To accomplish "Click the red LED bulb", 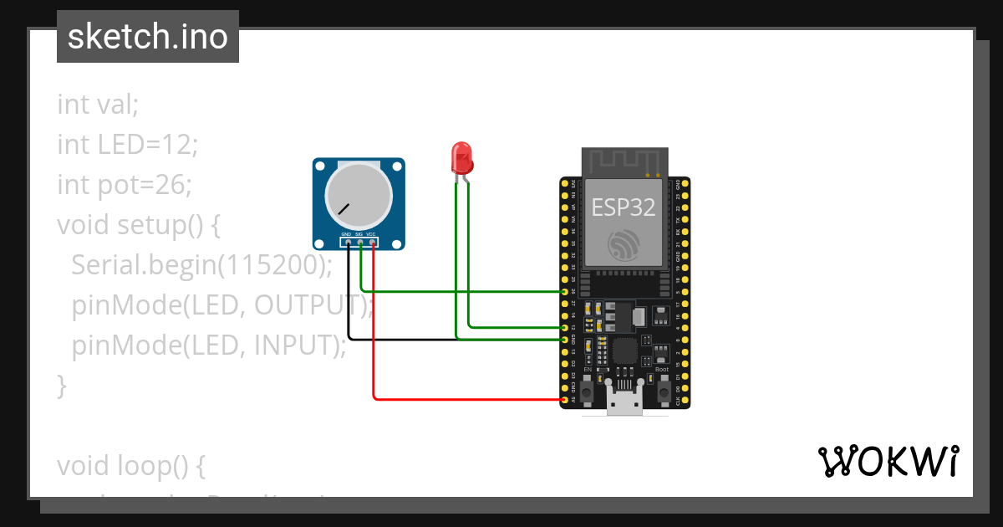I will pos(461,156).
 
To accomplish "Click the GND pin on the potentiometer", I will pos(349,243).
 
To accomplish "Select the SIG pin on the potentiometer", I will pos(360,243).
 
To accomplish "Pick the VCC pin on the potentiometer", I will pos(372,243).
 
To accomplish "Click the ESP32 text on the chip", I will pos(624,207).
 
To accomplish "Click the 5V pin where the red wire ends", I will pos(566,401).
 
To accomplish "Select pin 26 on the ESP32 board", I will pos(566,291).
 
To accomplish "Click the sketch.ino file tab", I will pos(148,37).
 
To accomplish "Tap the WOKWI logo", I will pos(888,461).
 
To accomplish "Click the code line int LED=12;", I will pos(127,145).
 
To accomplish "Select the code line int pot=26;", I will pos(124,185).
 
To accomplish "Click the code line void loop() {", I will pos(130,465).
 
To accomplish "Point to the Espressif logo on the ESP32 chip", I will pos(624,244).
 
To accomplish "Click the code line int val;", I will pos(98,105).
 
